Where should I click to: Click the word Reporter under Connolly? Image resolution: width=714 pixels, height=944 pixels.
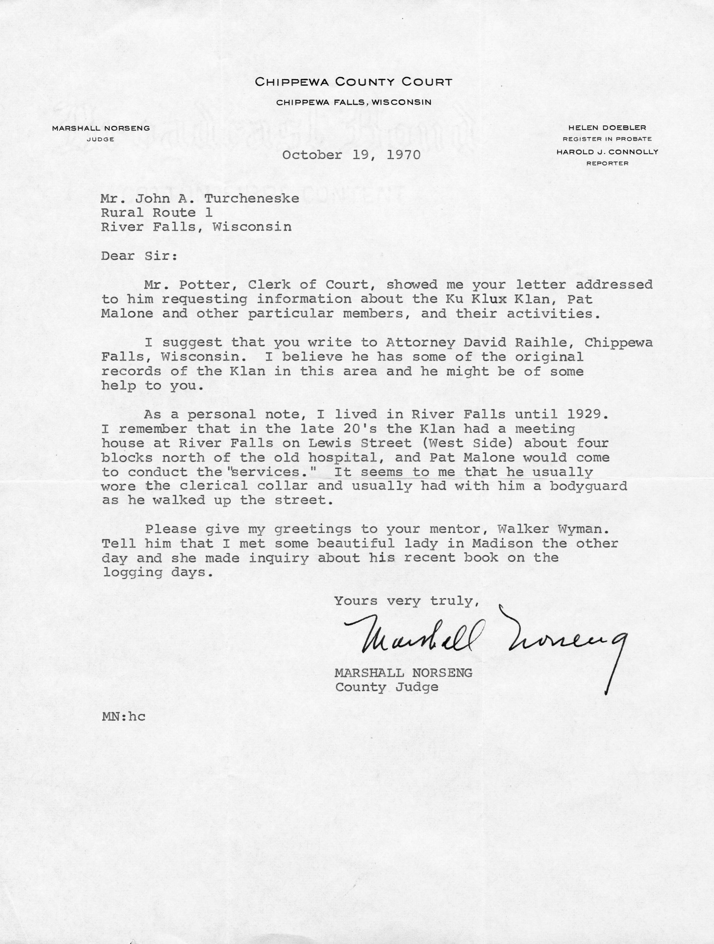coord(607,163)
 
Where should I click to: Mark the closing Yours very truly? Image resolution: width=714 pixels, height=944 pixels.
coord(404,601)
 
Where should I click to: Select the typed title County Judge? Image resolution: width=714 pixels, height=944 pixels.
coord(387,687)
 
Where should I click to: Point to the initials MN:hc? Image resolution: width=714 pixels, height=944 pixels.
coord(123,716)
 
